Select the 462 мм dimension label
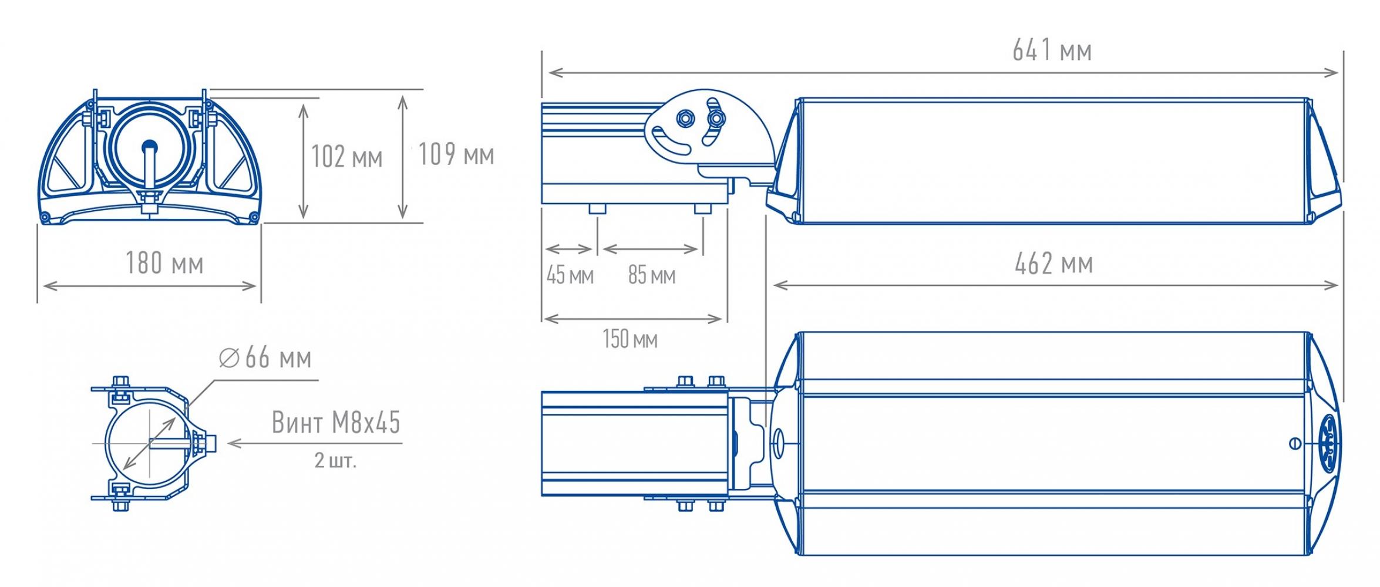point(1053,264)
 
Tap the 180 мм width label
point(164,263)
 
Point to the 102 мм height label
point(346,157)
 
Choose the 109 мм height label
point(456,154)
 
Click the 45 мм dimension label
point(570,275)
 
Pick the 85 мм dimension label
point(652,275)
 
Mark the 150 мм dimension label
point(630,339)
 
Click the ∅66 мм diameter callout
point(265,357)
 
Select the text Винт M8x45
point(336,422)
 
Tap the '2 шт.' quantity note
point(335,460)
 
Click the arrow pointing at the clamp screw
point(314,443)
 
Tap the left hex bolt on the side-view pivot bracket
point(684,117)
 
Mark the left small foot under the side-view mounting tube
point(597,208)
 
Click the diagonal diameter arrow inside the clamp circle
point(150,443)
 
